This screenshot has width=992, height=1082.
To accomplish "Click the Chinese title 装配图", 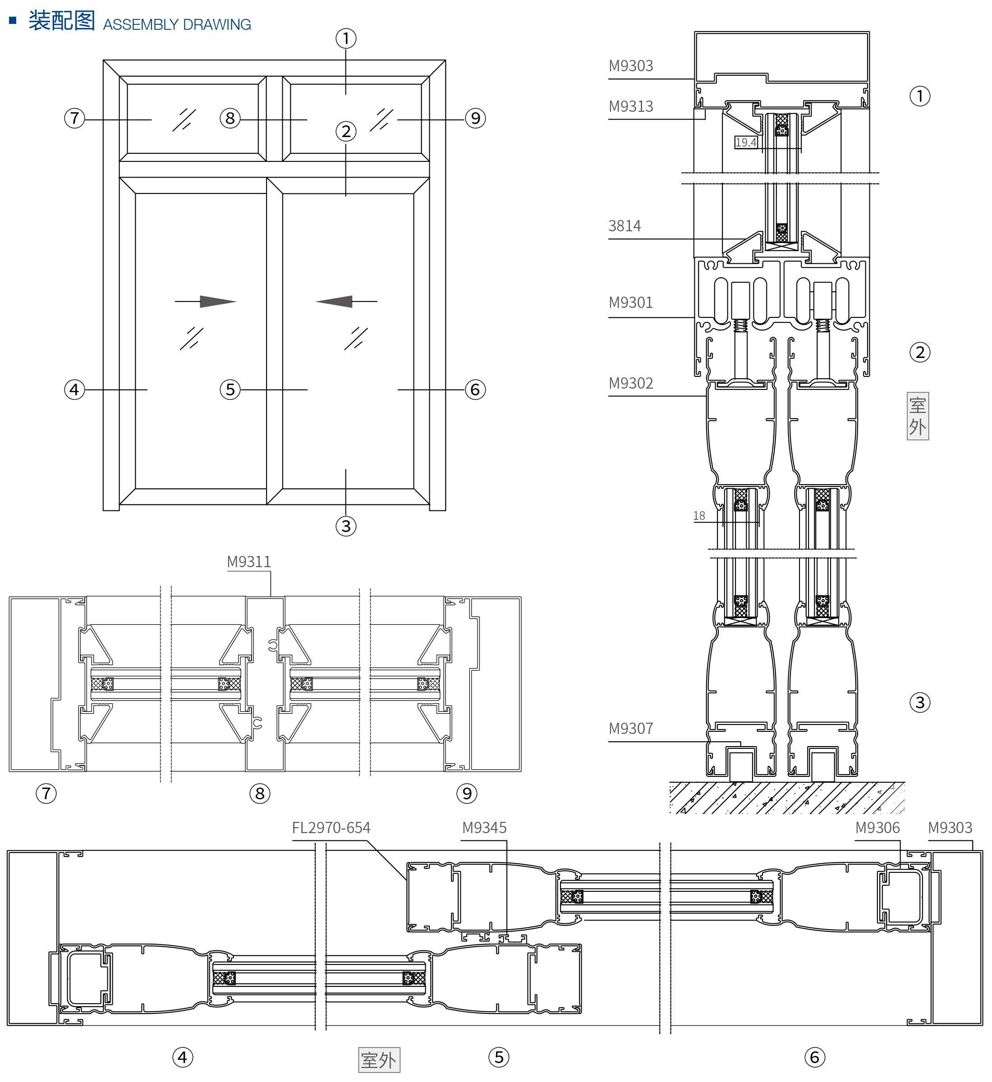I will [62, 22].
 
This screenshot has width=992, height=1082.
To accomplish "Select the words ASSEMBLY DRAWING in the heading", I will [177, 25].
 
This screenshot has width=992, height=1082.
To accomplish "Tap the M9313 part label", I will [631, 107].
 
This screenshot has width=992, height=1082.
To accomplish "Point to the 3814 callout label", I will [625, 226].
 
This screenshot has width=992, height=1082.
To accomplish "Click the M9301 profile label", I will [631, 303].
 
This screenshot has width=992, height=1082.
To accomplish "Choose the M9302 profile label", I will [631, 383].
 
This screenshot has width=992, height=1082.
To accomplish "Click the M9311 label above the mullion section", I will [248, 561].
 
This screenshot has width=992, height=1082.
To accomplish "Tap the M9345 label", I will [484, 828].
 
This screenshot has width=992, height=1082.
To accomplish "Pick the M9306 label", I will [877, 828].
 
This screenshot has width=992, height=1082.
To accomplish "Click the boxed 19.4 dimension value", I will [746, 142].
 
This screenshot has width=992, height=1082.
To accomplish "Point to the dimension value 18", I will [699, 516].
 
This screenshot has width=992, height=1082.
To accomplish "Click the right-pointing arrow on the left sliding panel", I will [217, 301].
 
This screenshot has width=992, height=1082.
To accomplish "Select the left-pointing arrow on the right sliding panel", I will [335, 301].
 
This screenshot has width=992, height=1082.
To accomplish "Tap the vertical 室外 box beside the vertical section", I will [918, 416].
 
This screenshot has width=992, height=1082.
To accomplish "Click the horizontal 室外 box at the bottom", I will [379, 1060].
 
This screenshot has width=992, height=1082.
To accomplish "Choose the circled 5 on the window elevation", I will [230, 390].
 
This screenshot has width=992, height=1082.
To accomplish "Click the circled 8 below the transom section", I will [260, 793].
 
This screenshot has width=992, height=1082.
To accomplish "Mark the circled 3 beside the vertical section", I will [919, 702].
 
